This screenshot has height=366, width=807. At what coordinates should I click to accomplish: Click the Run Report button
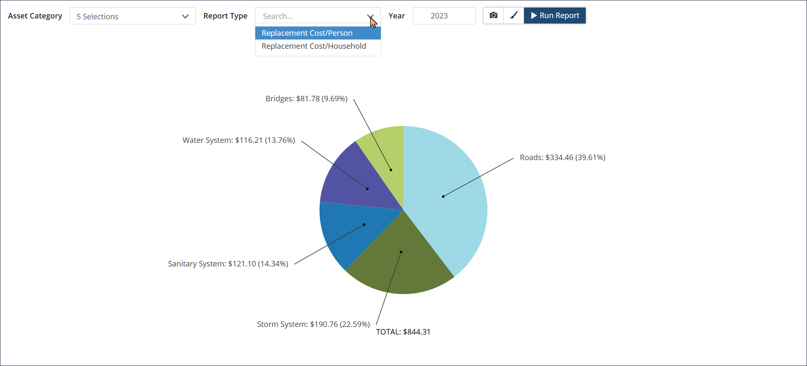coord(555,16)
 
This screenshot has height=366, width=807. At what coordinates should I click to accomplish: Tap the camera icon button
coord(493,16)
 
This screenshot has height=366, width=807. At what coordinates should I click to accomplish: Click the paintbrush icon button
coord(514,16)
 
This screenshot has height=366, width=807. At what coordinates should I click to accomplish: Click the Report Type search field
coord(311,16)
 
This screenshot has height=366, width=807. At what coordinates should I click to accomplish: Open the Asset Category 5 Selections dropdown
coord(132,16)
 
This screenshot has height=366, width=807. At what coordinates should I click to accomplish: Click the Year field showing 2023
coord(444,16)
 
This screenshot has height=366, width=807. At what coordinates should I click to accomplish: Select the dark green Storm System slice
coord(401,256)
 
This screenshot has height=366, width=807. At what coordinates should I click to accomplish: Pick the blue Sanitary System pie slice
coord(357,231)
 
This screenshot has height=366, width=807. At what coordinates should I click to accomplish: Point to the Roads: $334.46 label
coord(562,158)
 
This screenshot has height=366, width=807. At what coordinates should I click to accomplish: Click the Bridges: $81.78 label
coord(306,99)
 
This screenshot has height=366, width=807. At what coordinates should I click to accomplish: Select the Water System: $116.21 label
coord(238,140)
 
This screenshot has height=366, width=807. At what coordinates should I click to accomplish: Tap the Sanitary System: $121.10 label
coord(228,264)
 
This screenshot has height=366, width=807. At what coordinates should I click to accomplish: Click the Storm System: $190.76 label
coord(313,324)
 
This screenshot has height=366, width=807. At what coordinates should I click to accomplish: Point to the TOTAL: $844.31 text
coord(403,332)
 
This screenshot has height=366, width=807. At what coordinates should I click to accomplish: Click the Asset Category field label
coord(35,16)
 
